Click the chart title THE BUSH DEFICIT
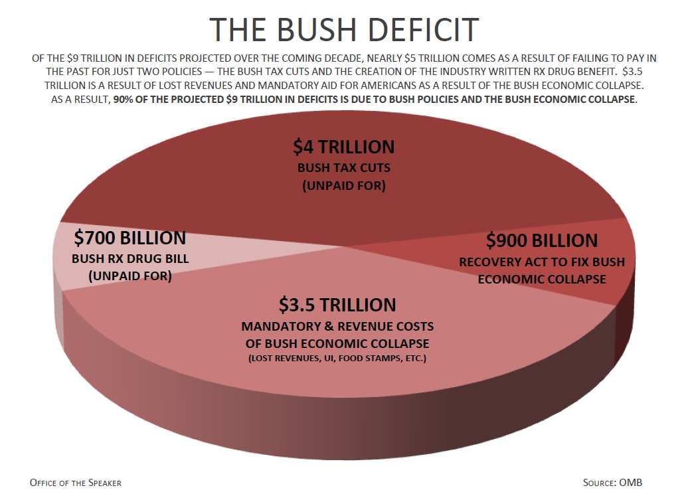[x=344, y=29]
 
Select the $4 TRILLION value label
[x=343, y=147]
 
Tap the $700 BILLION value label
[x=130, y=237]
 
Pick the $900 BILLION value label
[x=541, y=240]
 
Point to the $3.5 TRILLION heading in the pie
[x=337, y=305]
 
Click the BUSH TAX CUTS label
[x=343, y=167]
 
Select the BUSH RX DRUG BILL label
[x=130, y=258]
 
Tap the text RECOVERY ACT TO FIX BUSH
[x=542, y=262]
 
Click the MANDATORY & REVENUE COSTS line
[x=337, y=327]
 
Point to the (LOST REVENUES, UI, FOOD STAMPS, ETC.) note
[x=337, y=359]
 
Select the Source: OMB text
[x=612, y=483]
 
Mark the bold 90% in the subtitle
[x=125, y=100]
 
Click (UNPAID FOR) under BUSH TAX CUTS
[x=343, y=186]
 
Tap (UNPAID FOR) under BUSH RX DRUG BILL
[x=130, y=276]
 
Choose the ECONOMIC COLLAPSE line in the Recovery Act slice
[x=542, y=279]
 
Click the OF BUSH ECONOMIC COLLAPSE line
[x=337, y=343]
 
